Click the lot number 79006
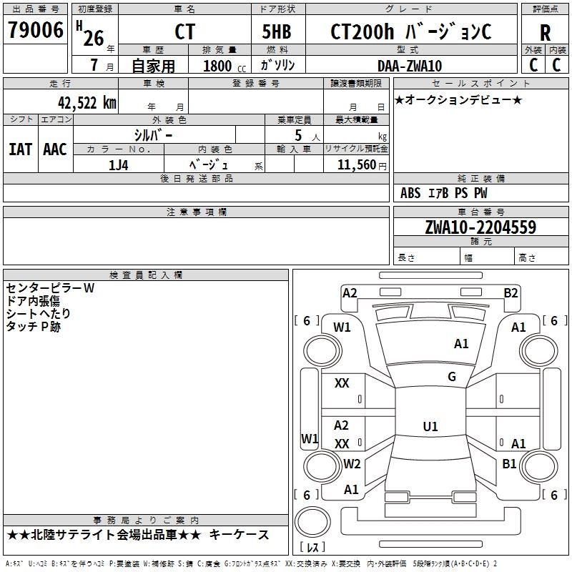click(x=35, y=31)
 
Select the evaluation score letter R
click(x=545, y=33)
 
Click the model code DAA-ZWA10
click(x=410, y=66)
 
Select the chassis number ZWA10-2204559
click(x=480, y=227)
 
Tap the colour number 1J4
click(x=119, y=164)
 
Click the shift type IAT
click(x=20, y=149)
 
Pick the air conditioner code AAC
click(x=55, y=149)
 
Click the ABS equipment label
click(x=410, y=193)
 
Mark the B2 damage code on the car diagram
click(x=511, y=292)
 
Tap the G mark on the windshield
click(x=452, y=377)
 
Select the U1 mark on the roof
click(x=430, y=426)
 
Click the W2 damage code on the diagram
click(x=351, y=464)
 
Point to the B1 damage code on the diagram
click(x=509, y=464)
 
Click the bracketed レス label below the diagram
click(x=312, y=548)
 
